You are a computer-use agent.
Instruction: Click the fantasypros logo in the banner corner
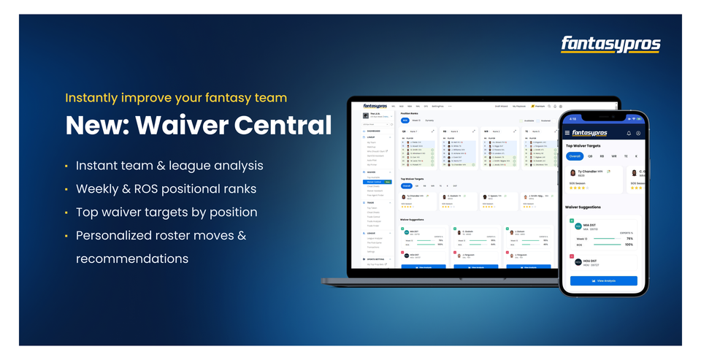click(610, 45)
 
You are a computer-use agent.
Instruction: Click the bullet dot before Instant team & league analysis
click(67, 166)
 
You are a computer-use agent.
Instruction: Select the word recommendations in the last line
click(132, 258)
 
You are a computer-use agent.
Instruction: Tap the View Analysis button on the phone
click(603, 280)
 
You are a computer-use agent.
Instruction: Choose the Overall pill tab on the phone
click(575, 156)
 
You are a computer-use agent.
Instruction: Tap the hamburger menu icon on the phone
click(567, 133)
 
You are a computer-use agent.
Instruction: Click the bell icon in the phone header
click(629, 134)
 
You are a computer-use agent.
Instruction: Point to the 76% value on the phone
click(629, 238)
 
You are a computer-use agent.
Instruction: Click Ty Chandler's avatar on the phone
click(572, 173)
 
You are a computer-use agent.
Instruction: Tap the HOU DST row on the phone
click(603, 262)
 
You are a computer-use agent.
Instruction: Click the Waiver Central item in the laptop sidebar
click(374, 182)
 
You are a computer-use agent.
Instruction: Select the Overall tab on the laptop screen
click(406, 185)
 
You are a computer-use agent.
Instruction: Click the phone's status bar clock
click(572, 118)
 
